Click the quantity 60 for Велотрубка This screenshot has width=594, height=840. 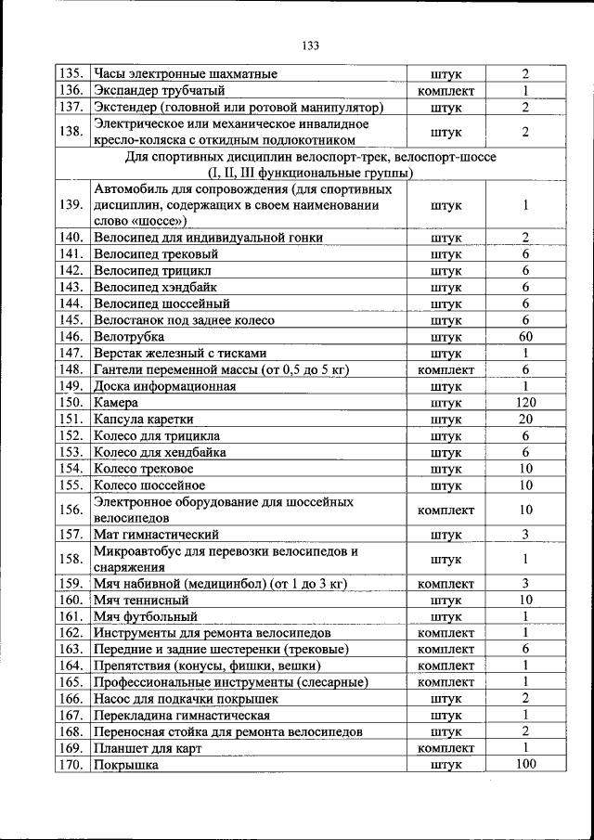[x=525, y=336]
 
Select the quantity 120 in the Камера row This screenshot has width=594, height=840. [x=525, y=403]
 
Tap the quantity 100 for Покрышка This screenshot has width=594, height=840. [x=525, y=764]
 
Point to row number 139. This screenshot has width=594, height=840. [x=71, y=205]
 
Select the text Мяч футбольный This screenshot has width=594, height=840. [x=146, y=615]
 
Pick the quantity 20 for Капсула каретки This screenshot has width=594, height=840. [x=525, y=420]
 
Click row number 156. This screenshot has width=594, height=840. [x=71, y=510]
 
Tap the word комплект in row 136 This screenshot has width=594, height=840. [x=446, y=91]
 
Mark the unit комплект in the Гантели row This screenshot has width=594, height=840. [x=446, y=370]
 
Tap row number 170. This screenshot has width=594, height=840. [x=71, y=765]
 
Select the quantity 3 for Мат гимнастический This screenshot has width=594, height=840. [x=525, y=534]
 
